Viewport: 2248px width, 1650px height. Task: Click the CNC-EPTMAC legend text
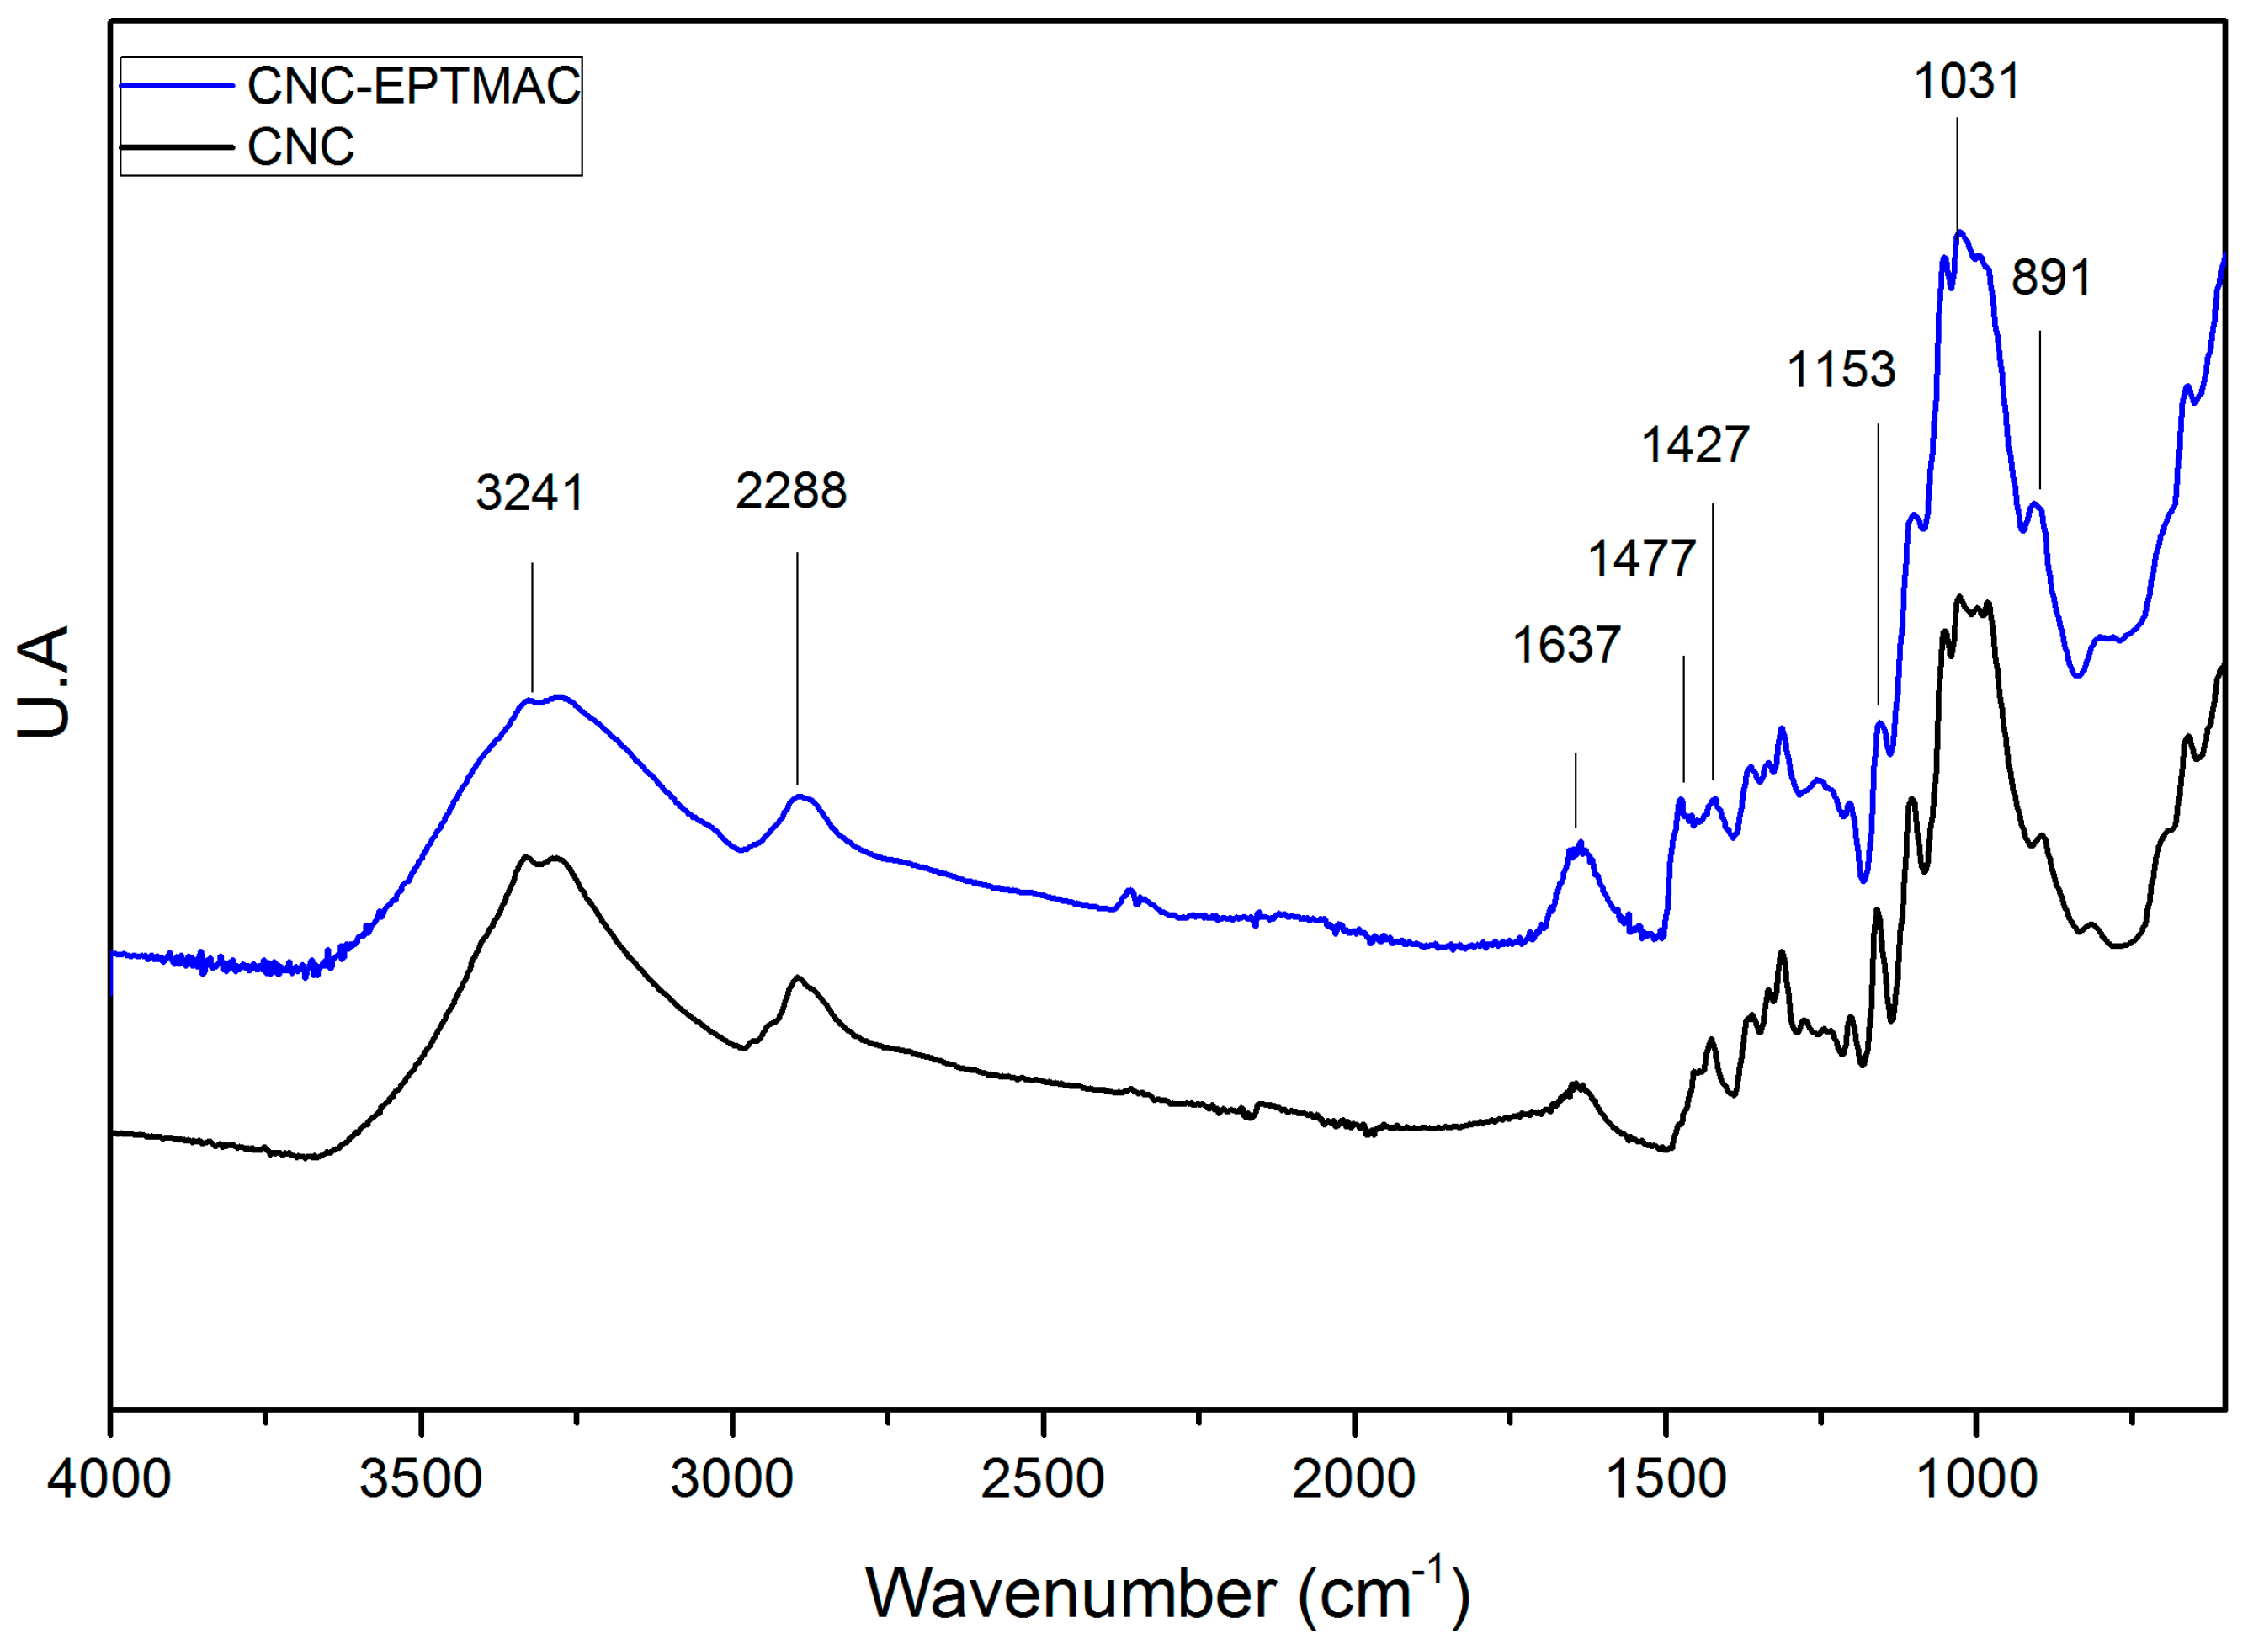point(413,86)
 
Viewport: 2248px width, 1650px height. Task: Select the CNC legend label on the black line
point(300,148)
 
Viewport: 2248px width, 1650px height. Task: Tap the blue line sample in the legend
point(177,86)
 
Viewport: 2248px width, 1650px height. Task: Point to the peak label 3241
point(529,493)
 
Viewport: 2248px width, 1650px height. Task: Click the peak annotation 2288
point(791,492)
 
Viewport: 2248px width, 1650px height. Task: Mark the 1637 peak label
point(1566,645)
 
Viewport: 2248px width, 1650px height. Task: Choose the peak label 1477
point(1642,558)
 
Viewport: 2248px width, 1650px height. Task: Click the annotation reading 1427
point(1696,444)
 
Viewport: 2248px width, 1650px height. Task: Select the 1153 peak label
point(1841,370)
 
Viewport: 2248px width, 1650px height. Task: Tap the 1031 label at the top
point(1966,82)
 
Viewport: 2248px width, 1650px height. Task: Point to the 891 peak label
point(2050,278)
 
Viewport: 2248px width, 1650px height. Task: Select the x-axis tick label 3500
point(421,1480)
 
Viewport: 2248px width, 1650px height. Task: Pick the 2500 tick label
point(1043,1480)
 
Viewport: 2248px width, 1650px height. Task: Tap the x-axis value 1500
point(1665,1480)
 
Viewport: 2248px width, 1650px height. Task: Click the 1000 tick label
point(1976,1480)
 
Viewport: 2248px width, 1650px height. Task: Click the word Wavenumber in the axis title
point(1070,1594)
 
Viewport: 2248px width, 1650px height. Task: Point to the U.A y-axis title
point(44,682)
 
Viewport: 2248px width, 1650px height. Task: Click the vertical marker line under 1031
point(1957,175)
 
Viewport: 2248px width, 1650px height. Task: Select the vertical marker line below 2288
point(797,669)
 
